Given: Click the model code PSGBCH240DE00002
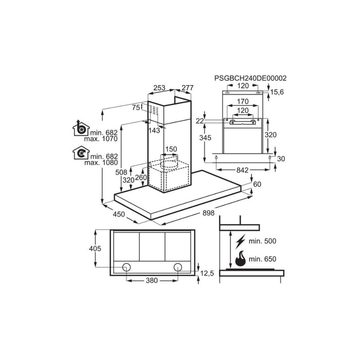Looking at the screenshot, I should (250, 78).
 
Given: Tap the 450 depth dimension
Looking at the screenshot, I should (119, 214).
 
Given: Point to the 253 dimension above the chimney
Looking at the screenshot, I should (159, 88).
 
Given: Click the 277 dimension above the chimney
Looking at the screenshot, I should (187, 88).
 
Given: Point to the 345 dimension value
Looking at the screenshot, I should (206, 137).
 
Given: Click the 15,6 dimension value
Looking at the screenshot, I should (277, 92).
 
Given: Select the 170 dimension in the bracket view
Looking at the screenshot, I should (244, 102).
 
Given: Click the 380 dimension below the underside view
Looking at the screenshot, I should (151, 281).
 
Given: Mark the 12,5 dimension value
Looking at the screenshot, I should (208, 273).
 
